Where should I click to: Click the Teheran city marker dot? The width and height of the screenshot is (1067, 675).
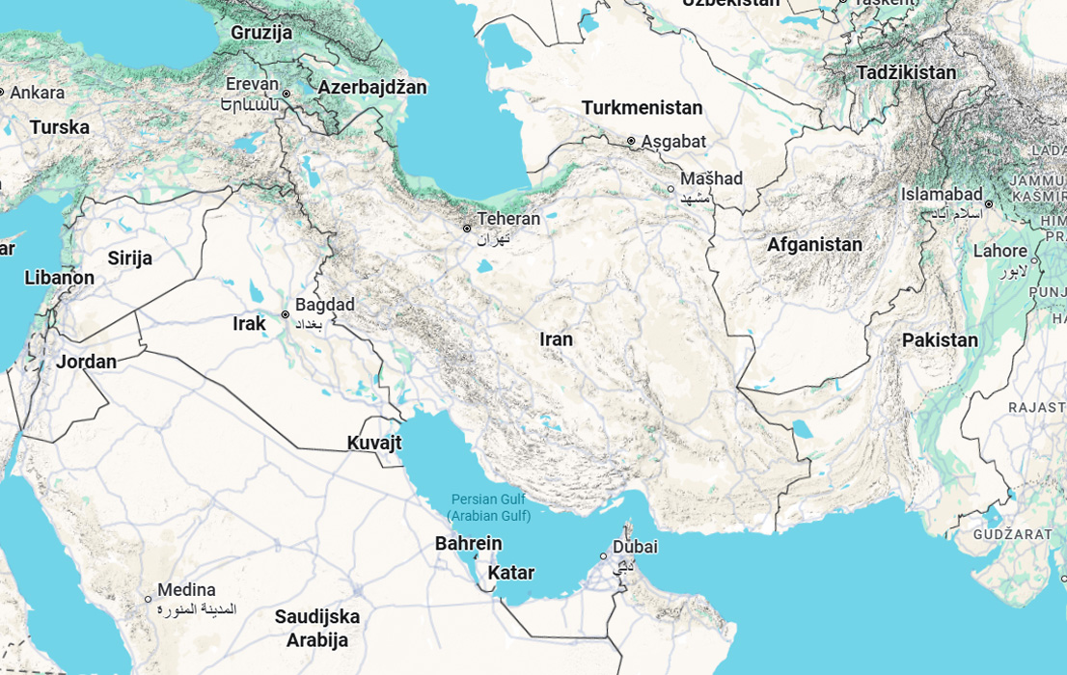tap(467, 229)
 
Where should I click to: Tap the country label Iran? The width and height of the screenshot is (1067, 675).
tap(556, 339)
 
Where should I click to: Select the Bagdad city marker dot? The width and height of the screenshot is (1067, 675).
tap(286, 314)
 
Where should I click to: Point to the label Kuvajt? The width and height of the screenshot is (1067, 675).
tap(373, 444)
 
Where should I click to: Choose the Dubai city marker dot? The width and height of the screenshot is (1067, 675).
tap(604, 556)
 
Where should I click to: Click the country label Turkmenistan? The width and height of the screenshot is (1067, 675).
tap(642, 108)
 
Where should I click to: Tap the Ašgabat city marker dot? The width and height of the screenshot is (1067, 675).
tap(632, 141)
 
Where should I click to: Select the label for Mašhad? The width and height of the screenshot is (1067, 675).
tap(711, 178)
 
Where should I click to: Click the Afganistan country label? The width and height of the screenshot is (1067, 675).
tap(814, 245)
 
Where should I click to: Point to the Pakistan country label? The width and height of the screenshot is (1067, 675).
tap(940, 340)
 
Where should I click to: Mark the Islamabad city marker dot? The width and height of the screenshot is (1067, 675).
tap(989, 203)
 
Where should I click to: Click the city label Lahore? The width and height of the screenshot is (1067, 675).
tap(1000, 251)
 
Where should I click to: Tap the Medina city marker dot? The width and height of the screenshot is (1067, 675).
tap(149, 599)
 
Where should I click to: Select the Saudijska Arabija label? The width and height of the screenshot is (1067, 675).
tap(316, 628)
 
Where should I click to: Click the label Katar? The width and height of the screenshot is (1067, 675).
tap(510, 573)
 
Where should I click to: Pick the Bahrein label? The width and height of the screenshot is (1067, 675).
tap(468, 544)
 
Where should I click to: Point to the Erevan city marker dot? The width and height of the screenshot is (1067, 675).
tap(287, 94)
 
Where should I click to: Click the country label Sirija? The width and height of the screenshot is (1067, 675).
tap(129, 257)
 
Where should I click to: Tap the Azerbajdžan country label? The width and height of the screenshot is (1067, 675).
tap(371, 88)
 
